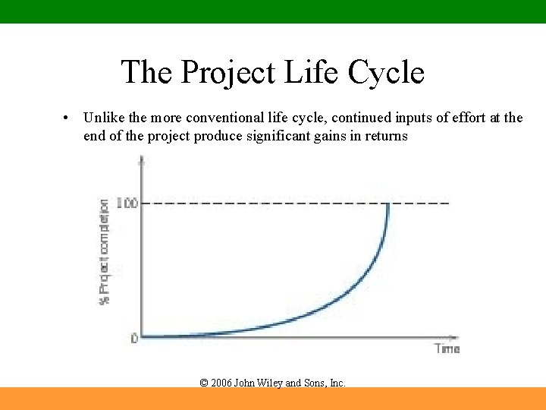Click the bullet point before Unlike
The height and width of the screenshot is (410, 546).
pos(67,118)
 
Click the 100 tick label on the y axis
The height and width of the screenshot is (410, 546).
pos(127,203)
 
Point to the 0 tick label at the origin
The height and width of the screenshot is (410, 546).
pos(133,339)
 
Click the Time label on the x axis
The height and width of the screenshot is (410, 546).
pos(447,348)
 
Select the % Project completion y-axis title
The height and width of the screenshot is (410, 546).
pos(104,252)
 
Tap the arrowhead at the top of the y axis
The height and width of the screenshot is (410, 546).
pos(142,159)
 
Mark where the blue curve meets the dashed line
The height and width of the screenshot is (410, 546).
pos(388,204)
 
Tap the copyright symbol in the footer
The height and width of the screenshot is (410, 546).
pos(203,383)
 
